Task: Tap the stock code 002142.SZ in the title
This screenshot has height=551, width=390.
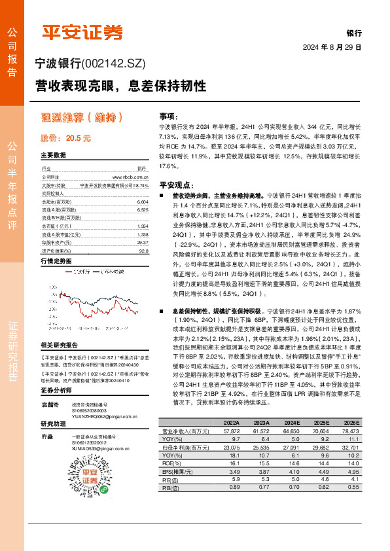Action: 115,64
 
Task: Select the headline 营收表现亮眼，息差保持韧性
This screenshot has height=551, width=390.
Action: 120,86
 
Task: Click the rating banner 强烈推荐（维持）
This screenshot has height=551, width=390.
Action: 82,118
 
